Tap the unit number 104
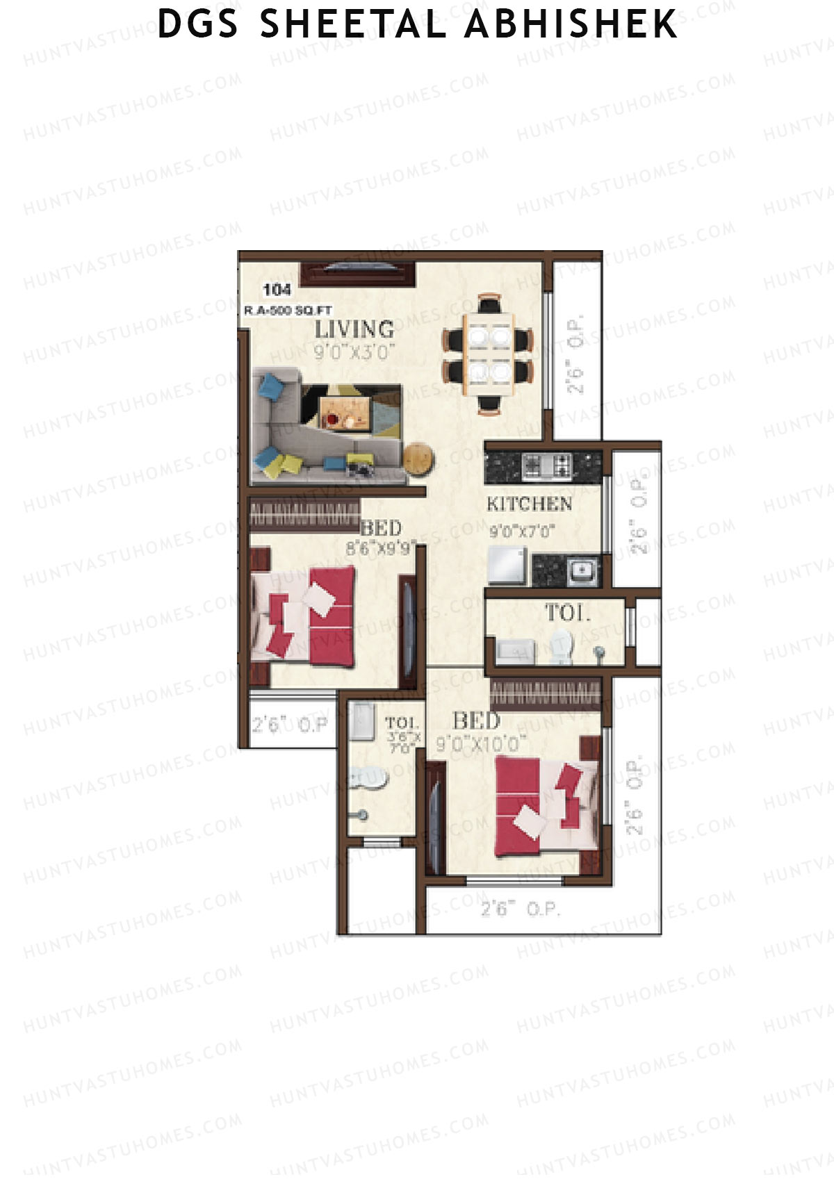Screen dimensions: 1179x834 (x=277, y=290)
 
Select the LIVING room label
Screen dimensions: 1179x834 (x=354, y=329)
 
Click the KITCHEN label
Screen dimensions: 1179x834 (x=529, y=504)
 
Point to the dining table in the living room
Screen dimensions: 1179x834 (x=489, y=354)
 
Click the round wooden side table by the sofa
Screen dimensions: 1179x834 (x=418, y=459)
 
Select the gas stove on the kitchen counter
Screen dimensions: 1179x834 (x=546, y=465)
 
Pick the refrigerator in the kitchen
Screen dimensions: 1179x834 (x=507, y=565)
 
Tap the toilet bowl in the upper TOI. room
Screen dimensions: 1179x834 (x=560, y=644)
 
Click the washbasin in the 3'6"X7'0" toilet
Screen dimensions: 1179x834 (x=368, y=778)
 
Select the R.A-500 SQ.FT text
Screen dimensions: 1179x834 (x=288, y=311)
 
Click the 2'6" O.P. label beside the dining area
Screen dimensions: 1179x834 (x=575, y=354)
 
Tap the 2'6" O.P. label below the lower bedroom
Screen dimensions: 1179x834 (x=521, y=909)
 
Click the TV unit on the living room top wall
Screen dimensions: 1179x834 (x=358, y=273)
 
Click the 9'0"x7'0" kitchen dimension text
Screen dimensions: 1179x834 (x=522, y=532)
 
